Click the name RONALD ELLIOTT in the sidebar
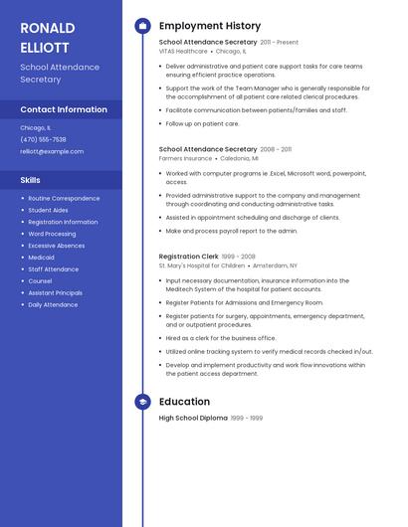[48, 37]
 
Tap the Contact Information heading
[64, 109]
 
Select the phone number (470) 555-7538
[43, 139]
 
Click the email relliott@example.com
[52, 151]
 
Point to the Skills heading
[31, 180]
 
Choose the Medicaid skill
[41, 258]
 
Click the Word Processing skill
[52, 234]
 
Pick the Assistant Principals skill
[55, 293]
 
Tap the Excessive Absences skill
[57, 246]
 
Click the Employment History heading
[210, 26]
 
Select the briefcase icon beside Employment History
[142, 26]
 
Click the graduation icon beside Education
[142, 402]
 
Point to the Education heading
[184, 402]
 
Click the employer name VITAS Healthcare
[183, 51]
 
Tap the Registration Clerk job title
[188, 257]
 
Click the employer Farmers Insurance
[185, 158]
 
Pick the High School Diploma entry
[193, 419]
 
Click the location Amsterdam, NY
[275, 265]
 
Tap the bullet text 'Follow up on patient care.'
[202, 124]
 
